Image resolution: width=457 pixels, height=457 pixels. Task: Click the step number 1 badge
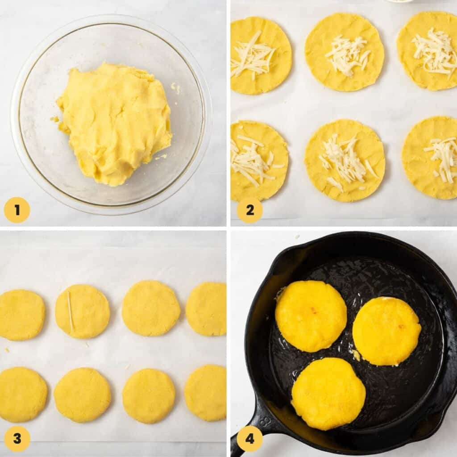pos(17,210)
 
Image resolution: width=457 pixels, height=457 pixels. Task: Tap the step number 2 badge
pos(249,210)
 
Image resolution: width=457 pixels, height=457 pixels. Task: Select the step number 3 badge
pos(17,439)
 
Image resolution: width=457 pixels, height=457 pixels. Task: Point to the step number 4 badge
pos(249,439)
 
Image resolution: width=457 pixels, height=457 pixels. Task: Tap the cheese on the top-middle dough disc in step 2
pos(347,54)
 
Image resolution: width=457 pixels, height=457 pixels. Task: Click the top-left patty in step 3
pos(21,314)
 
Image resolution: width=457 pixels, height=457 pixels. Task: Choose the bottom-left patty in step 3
pos(22,394)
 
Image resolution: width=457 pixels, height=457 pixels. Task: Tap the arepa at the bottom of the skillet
pos(328,394)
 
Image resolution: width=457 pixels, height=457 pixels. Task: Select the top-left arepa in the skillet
pos(311,316)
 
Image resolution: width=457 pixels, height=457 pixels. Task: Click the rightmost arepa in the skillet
pos(386,331)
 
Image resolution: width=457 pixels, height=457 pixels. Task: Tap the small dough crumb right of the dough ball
pos(175,87)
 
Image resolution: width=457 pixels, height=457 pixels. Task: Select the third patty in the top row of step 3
pos(151,308)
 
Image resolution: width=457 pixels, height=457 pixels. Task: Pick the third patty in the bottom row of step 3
pos(149,395)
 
